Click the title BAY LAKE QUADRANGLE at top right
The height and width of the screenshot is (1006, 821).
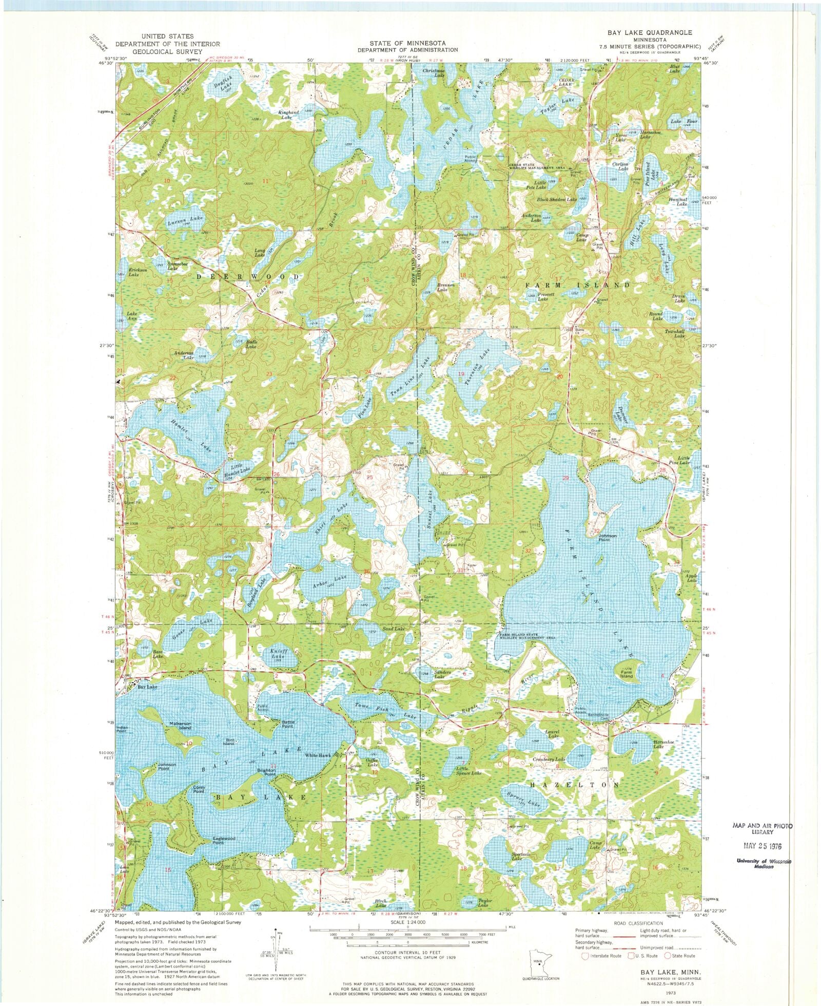click(x=650, y=32)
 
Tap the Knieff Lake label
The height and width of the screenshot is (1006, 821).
click(x=278, y=654)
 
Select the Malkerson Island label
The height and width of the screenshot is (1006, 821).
click(x=181, y=725)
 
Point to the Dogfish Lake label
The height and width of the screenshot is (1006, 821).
click(x=223, y=83)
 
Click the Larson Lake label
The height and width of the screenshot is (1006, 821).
click(x=185, y=221)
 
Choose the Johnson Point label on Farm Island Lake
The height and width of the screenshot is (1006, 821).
click(x=608, y=538)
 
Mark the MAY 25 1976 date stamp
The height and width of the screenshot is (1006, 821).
click(x=763, y=845)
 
